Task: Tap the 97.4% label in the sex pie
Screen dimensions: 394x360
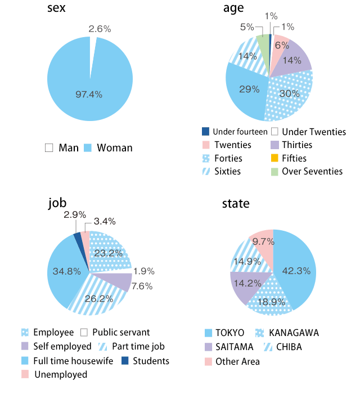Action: click(x=89, y=95)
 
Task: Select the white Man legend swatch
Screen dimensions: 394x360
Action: click(x=49, y=148)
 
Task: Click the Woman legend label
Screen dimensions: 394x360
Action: click(x=115, y=148)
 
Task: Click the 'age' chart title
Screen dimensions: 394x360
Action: click(x=233, y=9)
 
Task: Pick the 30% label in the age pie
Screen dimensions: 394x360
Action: click(x=289, y=93)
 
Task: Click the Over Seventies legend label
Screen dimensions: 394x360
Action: click(x=312, y=171)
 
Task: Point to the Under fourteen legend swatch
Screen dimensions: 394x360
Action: click(x=206, y=132)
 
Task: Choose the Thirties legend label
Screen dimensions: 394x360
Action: click(x=297, y=145)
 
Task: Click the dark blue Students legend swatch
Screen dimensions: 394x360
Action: click(x=124, y=361)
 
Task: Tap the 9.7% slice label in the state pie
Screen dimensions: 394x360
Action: click(x=263, y=241)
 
